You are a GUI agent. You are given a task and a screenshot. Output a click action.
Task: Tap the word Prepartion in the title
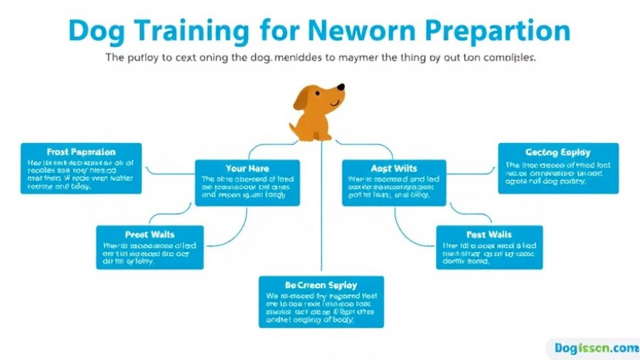point(491,32)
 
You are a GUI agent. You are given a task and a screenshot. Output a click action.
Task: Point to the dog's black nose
point(341,88)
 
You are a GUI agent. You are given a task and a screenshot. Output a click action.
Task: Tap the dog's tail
point(294,126)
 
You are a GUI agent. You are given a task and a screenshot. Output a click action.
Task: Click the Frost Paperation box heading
point(81,152)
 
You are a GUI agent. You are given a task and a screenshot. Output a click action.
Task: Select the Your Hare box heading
point(247,169)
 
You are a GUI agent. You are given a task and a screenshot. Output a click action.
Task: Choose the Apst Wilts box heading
point(394,169)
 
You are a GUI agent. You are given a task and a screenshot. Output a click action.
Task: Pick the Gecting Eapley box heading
point(558,152)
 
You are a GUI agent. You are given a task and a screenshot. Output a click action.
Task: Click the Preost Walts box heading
point(150,234)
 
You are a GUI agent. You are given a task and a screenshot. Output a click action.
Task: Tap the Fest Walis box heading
point(489,234)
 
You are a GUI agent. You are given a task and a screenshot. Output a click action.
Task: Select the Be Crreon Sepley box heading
point(321,285)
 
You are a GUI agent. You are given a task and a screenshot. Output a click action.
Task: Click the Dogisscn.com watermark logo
point(593,348)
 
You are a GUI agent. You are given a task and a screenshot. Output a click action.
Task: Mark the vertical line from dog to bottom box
point(321,213)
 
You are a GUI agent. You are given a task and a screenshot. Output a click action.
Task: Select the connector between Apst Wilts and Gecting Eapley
point(473,171)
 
